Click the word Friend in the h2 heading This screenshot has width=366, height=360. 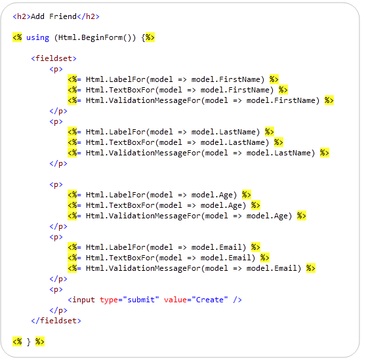pyautogui.click(x=63, y=16)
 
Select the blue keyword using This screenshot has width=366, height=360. pyautogui.click(x=37, y=38)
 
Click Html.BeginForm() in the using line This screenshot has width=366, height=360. pyautogui.click(x=94, y=37)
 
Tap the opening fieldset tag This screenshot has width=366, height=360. pyautogui.click(x=54, y=58)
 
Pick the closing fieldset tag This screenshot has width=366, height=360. pyautogui.click(x=56, y=321)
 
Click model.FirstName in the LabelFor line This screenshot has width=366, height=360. pyautogui.click(x=226, y=79)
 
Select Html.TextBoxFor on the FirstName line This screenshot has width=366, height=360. pyautogui.click(x=120, y=90)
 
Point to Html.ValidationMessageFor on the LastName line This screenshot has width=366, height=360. pyautogui.click(x=143, y=153)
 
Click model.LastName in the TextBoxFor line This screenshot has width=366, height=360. pyautogui.click(x=232, y=142)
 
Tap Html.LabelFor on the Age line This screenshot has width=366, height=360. pyautogui.click(x=115, y=195)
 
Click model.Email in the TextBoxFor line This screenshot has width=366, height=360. pyautogui.click(x=226, y=258)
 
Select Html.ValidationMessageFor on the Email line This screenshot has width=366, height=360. pyautogui.click(x=143, y=269)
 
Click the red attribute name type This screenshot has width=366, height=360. pyautogui.click(x=109, y=300)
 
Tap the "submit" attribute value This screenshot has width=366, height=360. pyautogui.click(x=141, y=300)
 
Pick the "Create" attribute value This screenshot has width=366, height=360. pyautogui.click(x=210, y=300)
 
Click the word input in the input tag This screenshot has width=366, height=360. pyautogui.click(x=83, y=300)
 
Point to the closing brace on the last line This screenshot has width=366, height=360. pyautogui.click(x=28, y=342)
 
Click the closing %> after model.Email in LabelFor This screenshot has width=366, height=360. pyautogui.click(x=256, y=247)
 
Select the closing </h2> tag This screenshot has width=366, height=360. pyautogui.click(x=89, y=16)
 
